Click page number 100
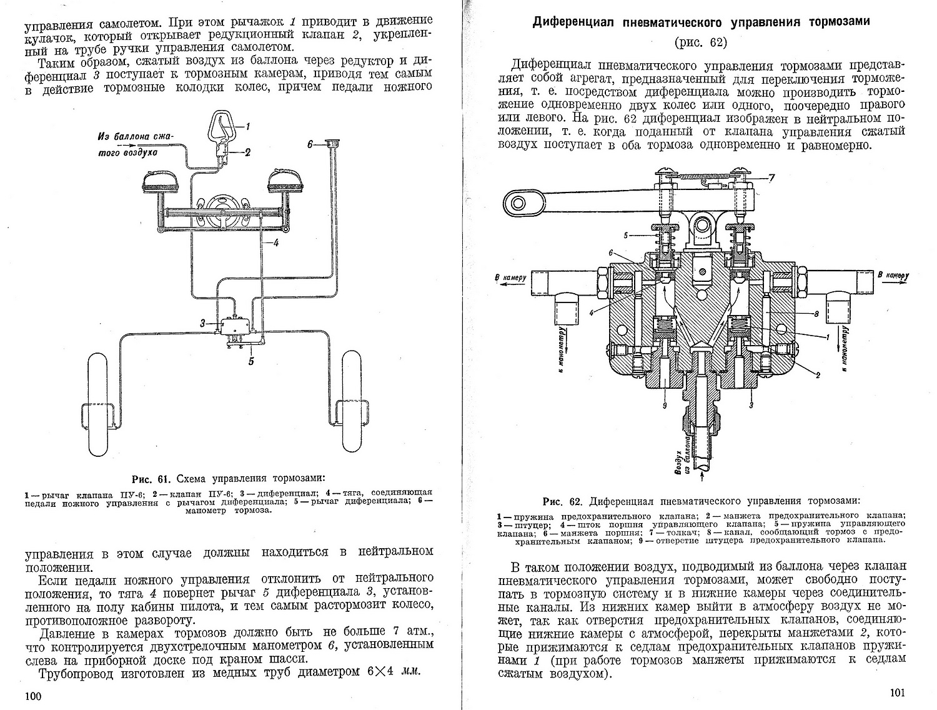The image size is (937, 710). point(32,696)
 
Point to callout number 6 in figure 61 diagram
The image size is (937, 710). point(310,144)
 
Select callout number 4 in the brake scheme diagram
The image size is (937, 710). point(275,244)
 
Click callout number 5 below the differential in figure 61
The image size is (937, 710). point(251,360)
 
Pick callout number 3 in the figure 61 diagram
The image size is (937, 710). point(203,323)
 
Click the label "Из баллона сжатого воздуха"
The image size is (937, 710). point(136,143)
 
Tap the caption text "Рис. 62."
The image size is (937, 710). point(562,501)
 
